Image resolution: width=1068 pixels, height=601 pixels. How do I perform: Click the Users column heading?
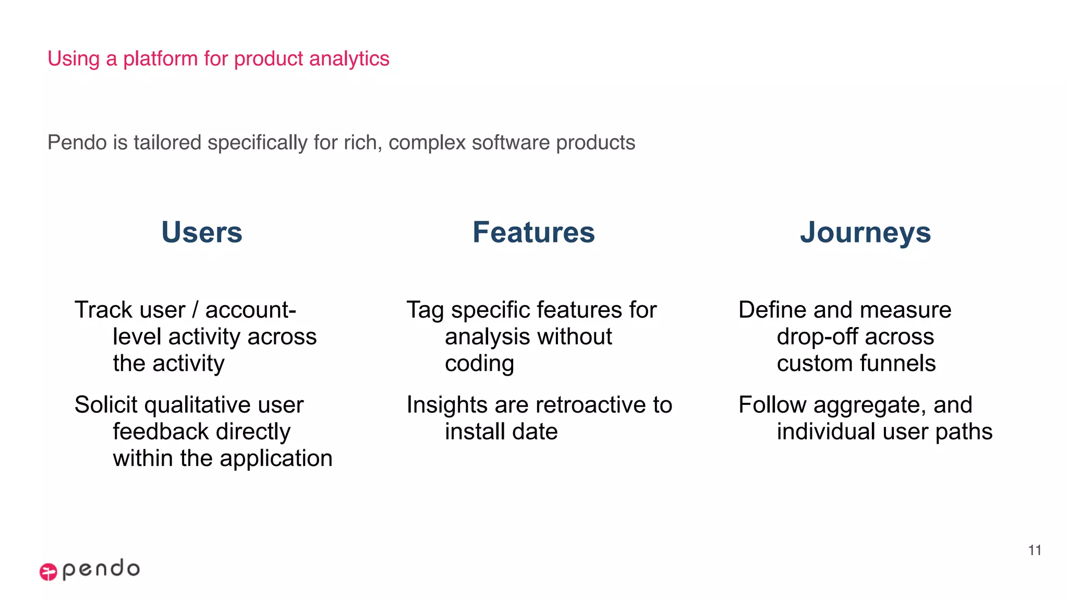[x=202, y=232]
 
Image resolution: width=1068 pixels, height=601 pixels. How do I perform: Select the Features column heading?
[x=533, y=232]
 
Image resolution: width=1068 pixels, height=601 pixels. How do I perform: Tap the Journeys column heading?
[x=865, y=232]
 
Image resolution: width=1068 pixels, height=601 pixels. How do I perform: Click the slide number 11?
[x=1035, y=550]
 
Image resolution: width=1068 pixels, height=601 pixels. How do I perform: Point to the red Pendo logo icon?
[x=48, y=572]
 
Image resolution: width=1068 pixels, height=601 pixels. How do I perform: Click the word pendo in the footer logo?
[x=101, y=569]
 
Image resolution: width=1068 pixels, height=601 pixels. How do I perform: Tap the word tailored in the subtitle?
[x=167, y=142]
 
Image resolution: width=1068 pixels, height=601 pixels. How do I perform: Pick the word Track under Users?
[x=103, y=310]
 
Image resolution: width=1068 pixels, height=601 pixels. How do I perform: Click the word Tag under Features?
[x=426, y=310]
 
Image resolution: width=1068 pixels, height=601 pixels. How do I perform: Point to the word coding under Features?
[x=479, y=364]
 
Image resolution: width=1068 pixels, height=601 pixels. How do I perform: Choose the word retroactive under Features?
[x=591, y=405]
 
